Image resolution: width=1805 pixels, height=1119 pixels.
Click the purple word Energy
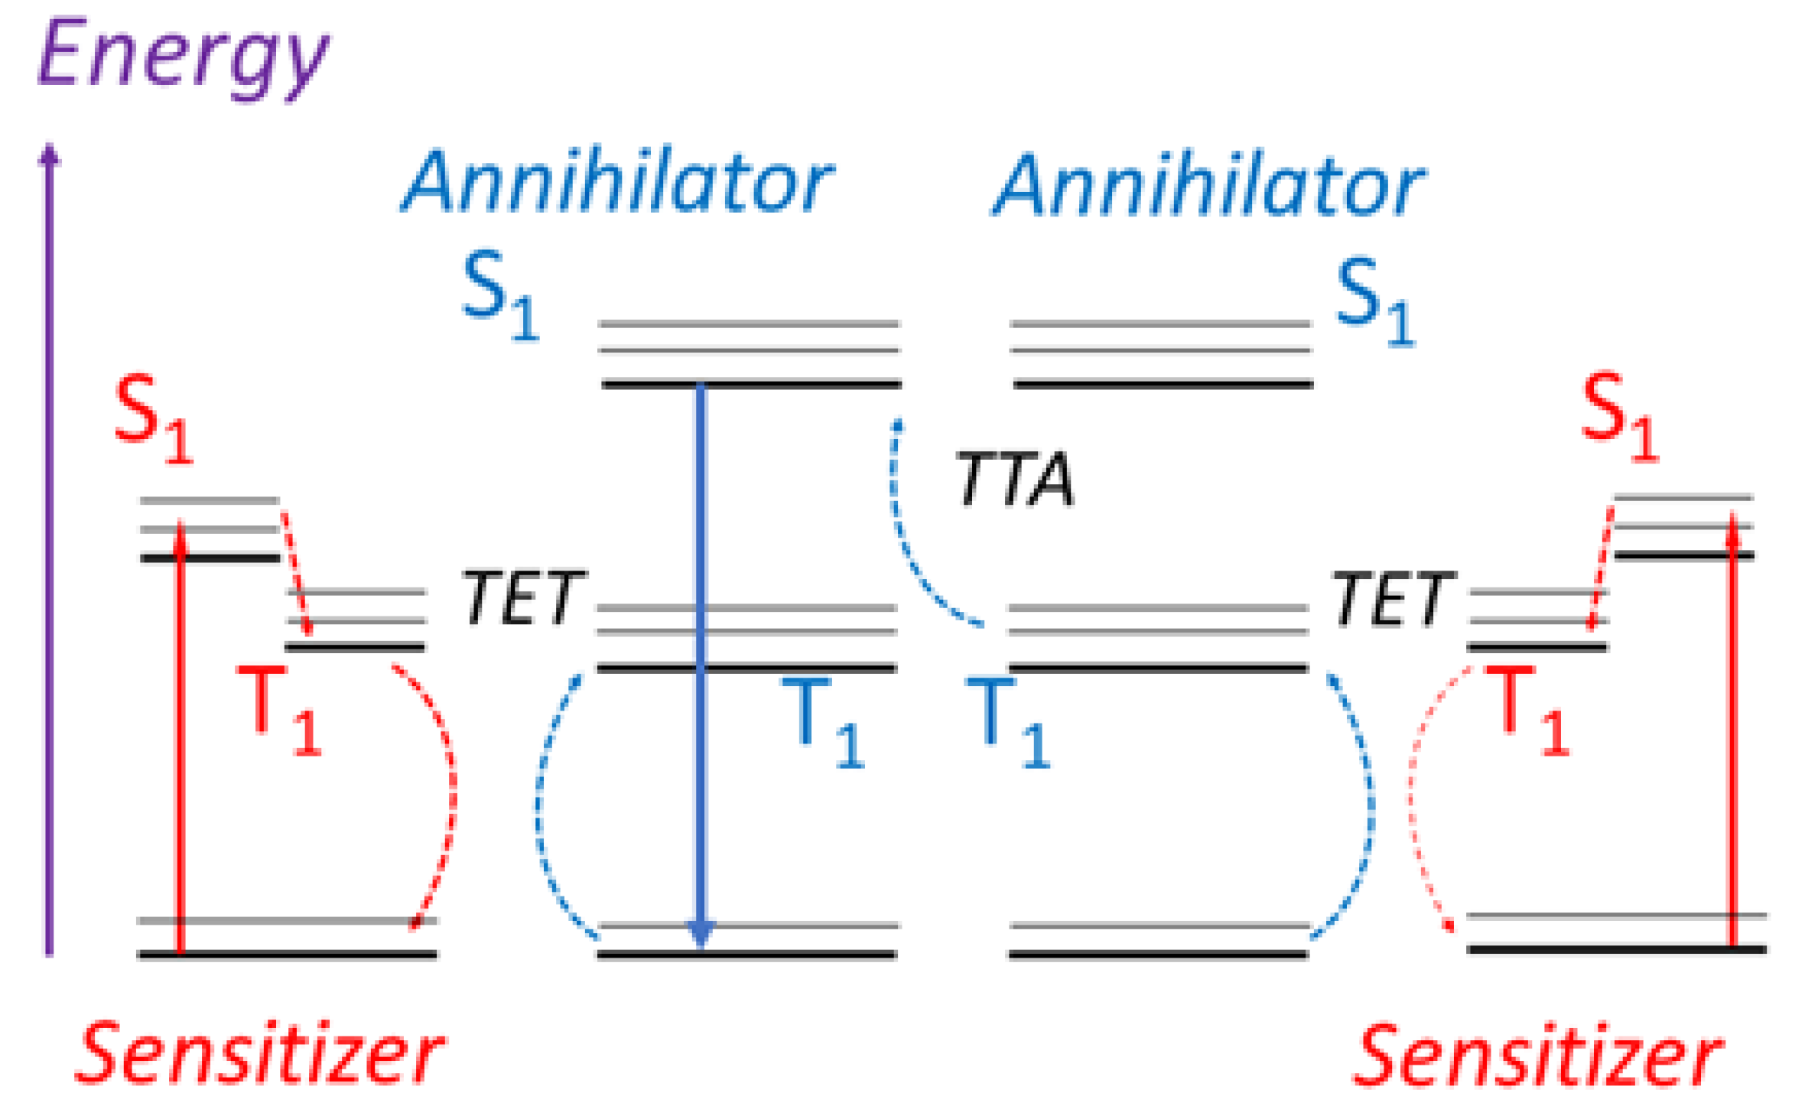184,57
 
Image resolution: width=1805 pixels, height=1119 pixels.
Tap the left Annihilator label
618,182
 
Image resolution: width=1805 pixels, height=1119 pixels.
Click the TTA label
1015,480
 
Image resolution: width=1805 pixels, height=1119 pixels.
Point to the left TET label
523,598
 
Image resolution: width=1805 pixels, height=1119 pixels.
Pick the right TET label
1393,600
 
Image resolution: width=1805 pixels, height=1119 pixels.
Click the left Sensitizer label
260,1054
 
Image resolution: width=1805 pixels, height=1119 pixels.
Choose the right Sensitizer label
1537,1056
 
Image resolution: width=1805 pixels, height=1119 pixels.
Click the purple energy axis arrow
50,551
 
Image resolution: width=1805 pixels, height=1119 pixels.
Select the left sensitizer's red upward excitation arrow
181,734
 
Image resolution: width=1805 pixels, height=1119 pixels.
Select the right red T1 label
1527,709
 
